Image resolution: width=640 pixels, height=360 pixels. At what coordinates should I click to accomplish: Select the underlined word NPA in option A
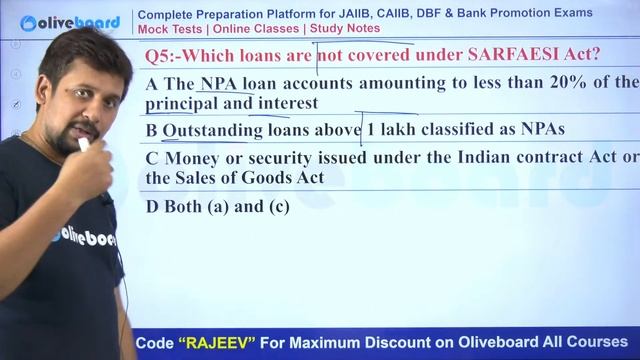[x=219, y=82]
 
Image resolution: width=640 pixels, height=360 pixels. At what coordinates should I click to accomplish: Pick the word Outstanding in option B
[x=212, y=130]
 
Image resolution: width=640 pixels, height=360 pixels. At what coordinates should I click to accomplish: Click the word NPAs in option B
[x=542, y=130]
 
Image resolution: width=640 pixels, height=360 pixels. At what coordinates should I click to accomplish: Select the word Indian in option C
[x=455, y=157]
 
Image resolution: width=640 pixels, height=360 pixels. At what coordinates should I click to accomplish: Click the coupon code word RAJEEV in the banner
[x=231, y=342]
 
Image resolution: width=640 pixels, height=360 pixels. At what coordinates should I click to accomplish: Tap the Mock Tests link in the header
[x=171, y=28]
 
